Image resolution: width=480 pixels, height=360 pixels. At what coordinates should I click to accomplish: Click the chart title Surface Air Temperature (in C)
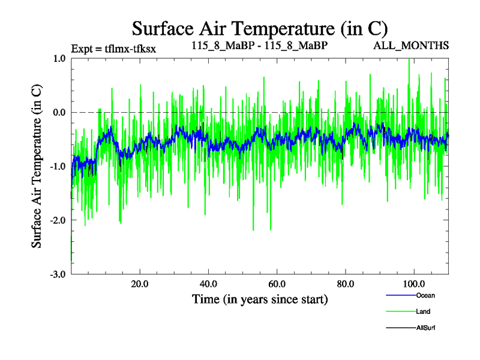click(x=260, y=28)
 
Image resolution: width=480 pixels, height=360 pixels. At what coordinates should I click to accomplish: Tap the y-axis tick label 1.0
click(x=59, y=59)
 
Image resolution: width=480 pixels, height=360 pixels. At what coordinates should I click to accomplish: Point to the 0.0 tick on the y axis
click(x=59, y=112)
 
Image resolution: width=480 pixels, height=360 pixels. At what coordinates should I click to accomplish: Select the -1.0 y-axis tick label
click(x=58, y=166)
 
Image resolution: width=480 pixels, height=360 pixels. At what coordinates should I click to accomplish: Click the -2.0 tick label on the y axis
click(x=58, y=220)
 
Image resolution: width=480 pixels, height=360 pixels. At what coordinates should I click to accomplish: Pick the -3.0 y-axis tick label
click(x=58, y=274)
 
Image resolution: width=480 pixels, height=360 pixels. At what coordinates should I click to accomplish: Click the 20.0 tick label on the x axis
click(x=140, y=284)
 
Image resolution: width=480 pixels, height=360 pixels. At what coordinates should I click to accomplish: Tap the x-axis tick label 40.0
click(x=208, y=284)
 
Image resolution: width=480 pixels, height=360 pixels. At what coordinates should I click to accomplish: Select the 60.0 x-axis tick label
click(x=277, y=284)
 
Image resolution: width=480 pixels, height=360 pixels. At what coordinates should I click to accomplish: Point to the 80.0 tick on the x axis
click(x=346, y=284)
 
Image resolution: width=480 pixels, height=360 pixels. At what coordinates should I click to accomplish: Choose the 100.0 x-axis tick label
click(x=414, y=284)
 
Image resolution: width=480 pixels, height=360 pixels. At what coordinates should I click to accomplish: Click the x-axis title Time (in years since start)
click(x=260, y=299)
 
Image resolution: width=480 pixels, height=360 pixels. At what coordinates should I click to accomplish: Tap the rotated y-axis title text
click(x=37, y=166)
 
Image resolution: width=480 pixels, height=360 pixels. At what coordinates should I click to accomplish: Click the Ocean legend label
click(x=425, y=295)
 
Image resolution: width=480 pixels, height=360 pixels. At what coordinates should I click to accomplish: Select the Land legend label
click(x=423, y=311)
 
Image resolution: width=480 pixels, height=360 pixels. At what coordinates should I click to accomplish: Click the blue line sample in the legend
click(x=399, y=295)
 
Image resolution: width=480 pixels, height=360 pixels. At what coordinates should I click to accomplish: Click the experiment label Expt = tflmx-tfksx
click(x=113, y=49)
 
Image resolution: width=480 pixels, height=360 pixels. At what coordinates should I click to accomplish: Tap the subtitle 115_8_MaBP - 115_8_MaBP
click(x=259, y=46)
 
